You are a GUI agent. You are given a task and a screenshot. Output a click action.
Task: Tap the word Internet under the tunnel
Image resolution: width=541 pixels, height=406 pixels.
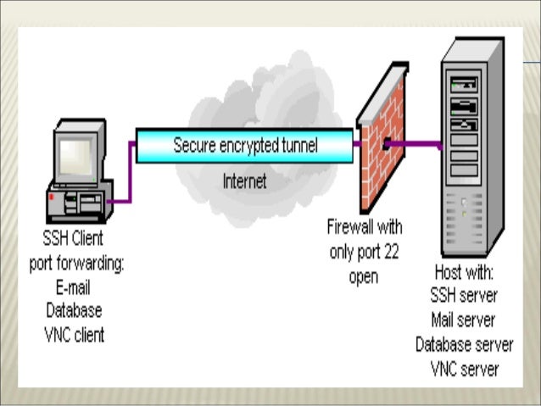coord(244,181)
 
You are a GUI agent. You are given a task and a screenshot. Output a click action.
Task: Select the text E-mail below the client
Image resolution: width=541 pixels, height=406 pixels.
coord(75,288)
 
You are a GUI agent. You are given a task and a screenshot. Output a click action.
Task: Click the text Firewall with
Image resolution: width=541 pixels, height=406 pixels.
coord(365,227)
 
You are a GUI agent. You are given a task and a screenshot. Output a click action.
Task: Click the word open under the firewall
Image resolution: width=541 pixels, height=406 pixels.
coord(364,276)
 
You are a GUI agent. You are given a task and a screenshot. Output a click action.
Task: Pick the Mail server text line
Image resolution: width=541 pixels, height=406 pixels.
coord(464,322)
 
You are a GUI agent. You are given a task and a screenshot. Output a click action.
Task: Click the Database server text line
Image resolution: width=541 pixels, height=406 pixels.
coord(464,345)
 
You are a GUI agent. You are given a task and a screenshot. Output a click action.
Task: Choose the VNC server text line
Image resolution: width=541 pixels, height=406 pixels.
coord(464,369)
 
